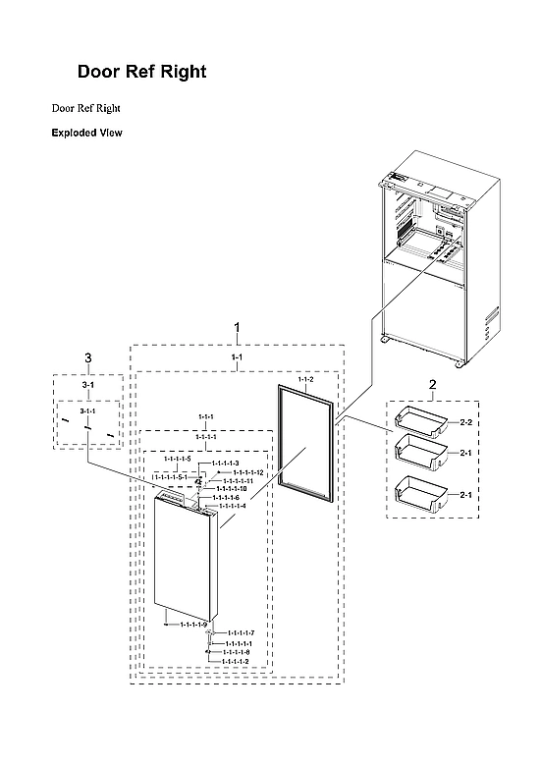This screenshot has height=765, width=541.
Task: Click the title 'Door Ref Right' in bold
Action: (141, 73)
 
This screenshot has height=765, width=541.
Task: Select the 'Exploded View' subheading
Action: (86, 133)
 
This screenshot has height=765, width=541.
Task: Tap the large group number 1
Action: (236, 326)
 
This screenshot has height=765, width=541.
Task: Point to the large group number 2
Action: (431, 384)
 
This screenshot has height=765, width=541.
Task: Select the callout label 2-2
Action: (466, 422)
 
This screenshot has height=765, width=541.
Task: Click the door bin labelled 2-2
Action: (418, 421)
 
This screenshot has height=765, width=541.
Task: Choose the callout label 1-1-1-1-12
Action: (247, 472)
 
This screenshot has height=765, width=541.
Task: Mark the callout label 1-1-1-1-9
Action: (191, 625)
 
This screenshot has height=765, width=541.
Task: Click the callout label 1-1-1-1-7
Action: (240, 632)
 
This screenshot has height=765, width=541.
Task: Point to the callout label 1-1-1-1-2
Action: (235, 661)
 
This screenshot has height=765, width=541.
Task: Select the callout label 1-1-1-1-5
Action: (177, 459)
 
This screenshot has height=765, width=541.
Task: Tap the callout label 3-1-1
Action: (87, 410)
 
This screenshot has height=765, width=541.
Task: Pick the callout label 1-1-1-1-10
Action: (232, 488)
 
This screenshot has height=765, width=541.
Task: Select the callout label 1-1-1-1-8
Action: (236, 652)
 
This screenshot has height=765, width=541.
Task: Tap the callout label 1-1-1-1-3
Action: (225, 463)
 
